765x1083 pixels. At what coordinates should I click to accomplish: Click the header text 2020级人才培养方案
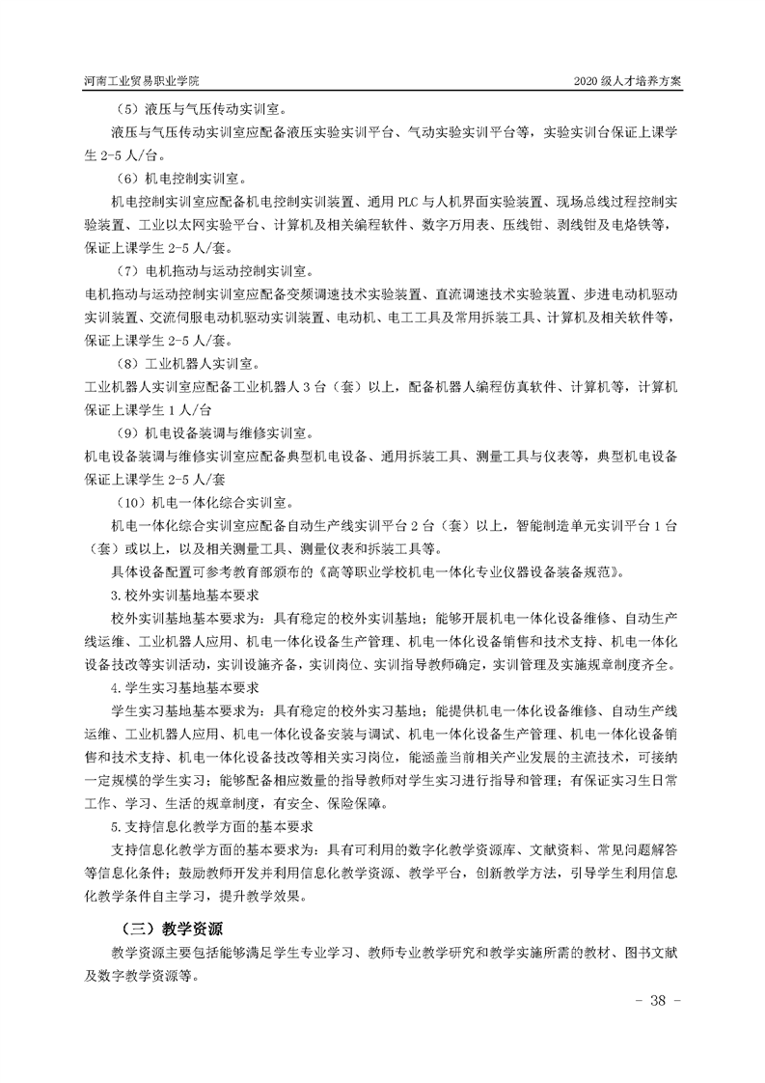[627, 81]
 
